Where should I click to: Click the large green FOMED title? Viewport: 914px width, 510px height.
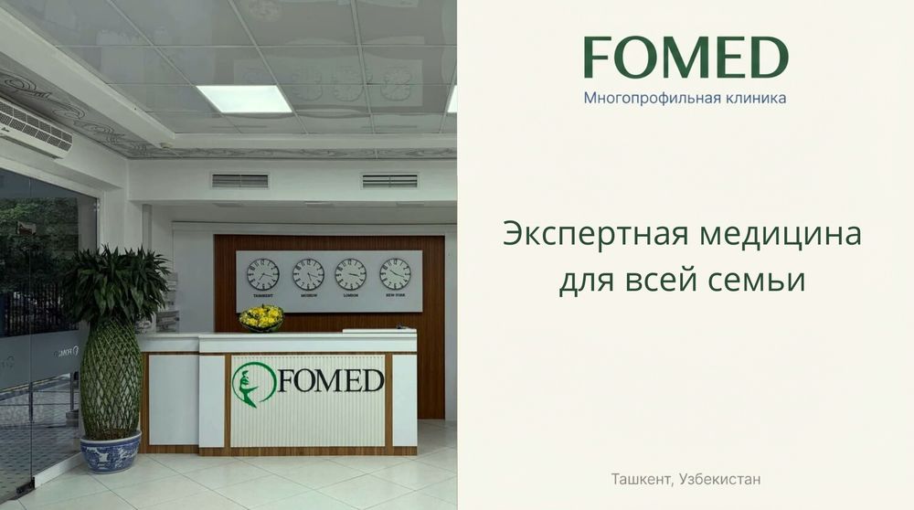[x=685, y=58]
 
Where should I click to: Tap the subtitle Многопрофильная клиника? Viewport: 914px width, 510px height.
[x=685, y=97]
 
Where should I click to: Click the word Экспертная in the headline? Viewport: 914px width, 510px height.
[x=584, y=235]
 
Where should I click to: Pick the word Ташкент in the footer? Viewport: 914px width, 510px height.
[x=636, y=478]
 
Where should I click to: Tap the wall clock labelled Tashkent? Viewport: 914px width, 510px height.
[x=263, y=274]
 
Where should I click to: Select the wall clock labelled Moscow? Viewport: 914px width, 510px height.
[x=308, y=274]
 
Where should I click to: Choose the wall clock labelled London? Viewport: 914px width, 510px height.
[x=350, y=274]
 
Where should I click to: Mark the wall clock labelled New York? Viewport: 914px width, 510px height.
[x=395, y=274]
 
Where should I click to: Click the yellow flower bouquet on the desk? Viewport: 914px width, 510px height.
[x=261, y=317]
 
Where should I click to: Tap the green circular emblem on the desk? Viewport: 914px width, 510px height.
[x=253, y=385]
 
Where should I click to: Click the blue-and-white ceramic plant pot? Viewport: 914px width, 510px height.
[x=110, y=452]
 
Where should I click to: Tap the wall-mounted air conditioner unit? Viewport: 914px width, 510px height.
[x=35, y=126]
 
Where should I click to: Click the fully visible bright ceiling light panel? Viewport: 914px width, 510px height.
[x=244, y=98]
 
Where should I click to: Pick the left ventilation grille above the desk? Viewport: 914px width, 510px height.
[x=239, y=181]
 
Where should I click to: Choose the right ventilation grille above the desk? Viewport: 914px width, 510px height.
[x=389, y=181]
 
